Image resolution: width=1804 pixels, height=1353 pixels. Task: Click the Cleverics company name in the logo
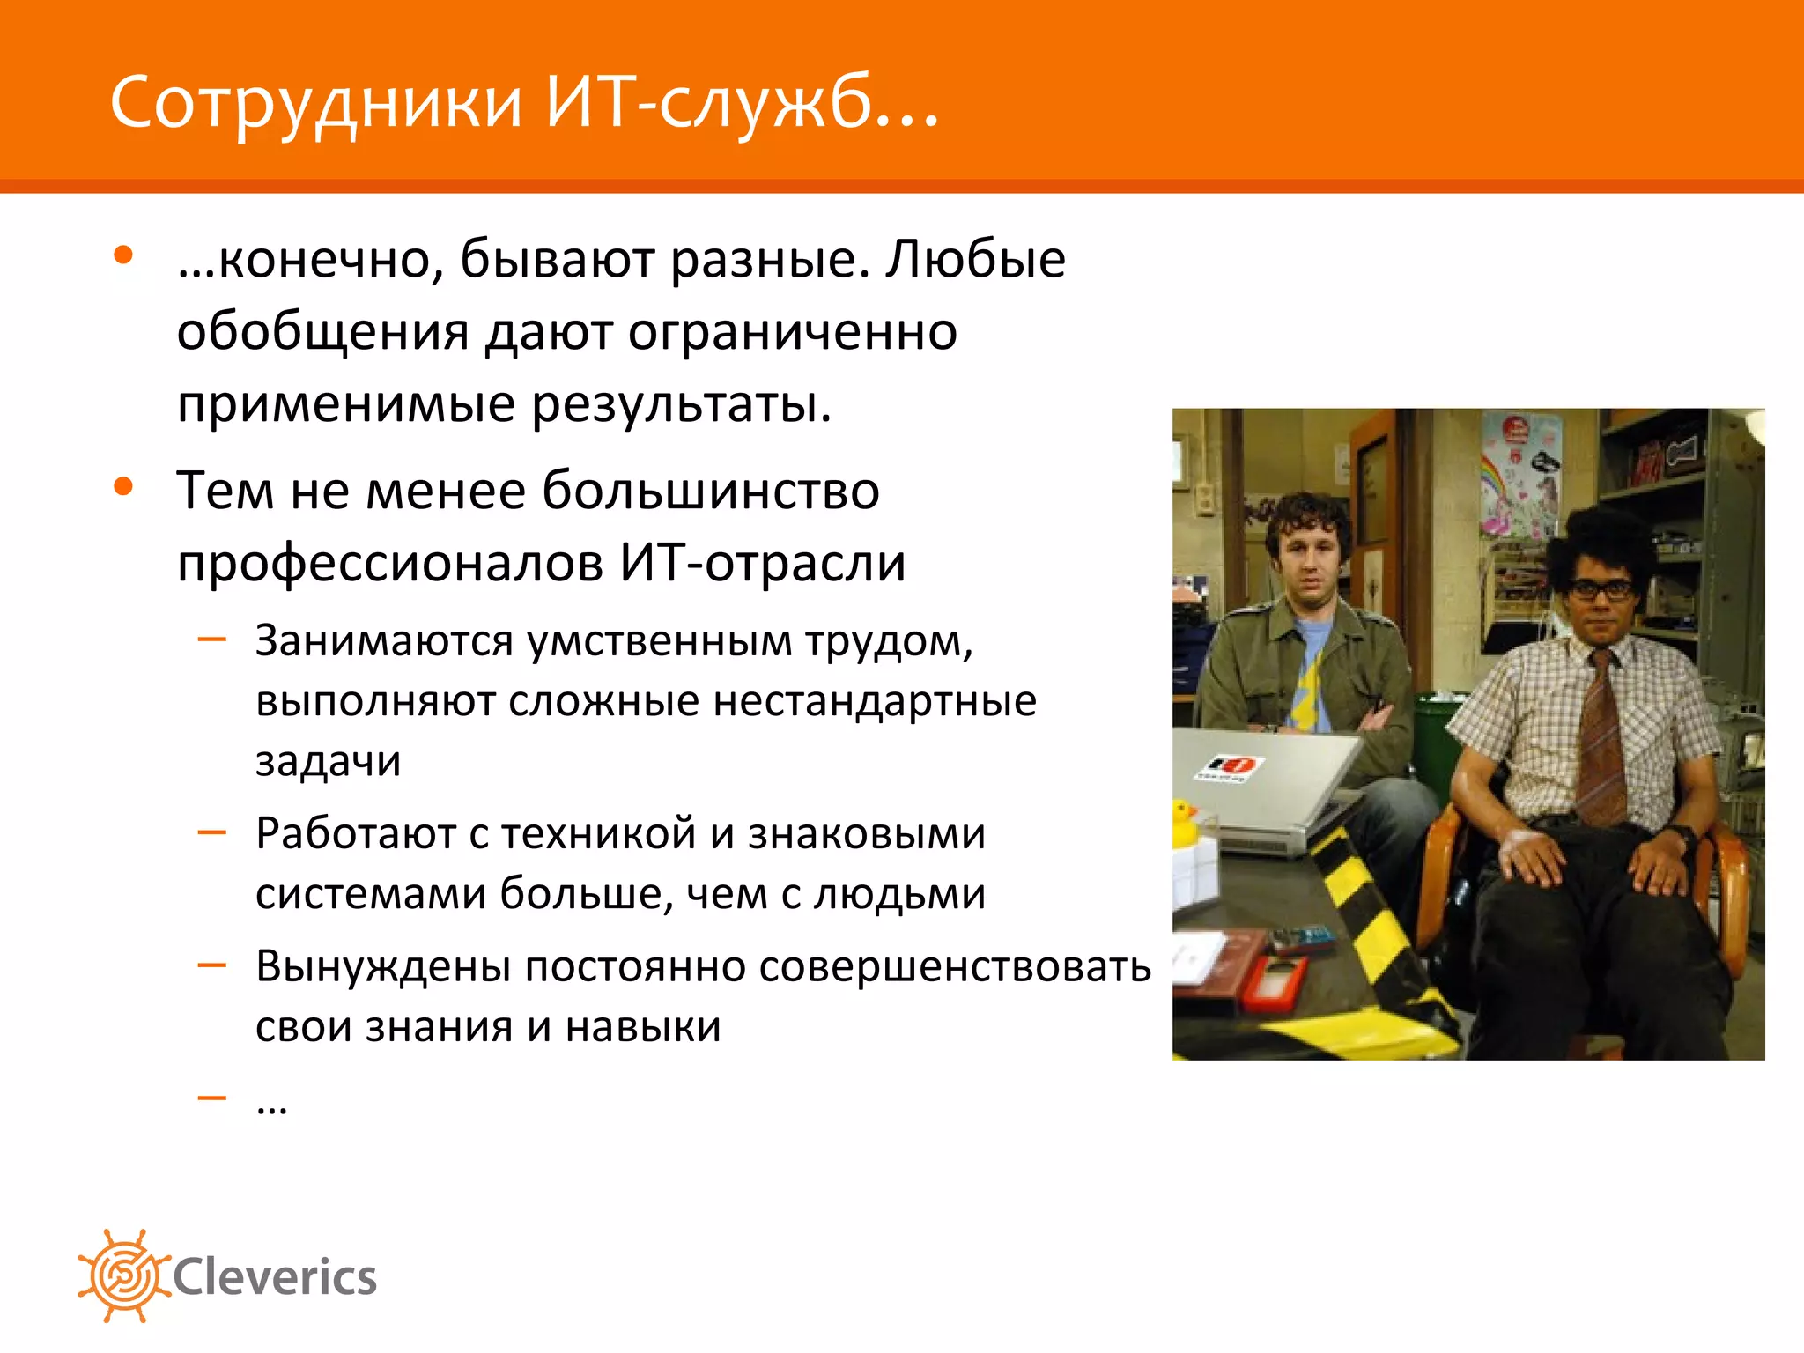pos(275,1277)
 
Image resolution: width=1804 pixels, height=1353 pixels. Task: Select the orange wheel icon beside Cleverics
pos(123,1275)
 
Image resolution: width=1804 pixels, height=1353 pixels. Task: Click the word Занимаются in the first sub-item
pos(384,640)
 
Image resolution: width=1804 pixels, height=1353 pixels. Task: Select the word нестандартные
pos(875,701)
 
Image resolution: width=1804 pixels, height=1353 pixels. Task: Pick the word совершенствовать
pos(955,966)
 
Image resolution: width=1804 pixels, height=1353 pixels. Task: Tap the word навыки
pos(643,1027)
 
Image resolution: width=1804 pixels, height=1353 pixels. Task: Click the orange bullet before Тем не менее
pos(123,486)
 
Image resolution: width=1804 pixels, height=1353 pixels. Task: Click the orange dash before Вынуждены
pos(212,965)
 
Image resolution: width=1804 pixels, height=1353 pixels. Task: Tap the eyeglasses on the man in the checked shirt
pos(1602,589)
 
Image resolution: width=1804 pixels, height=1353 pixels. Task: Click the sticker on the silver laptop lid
pos(1227,767)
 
